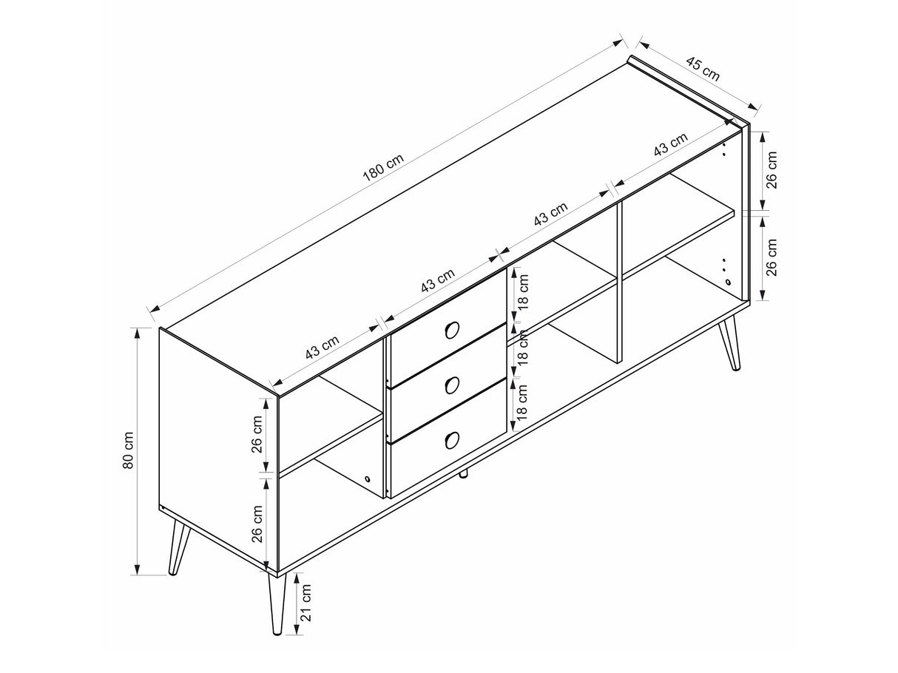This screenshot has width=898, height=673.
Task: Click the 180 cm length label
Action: pos(383,167)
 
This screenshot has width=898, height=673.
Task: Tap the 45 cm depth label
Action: pos(702,69)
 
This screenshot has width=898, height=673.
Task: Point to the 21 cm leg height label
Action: pos(305,603)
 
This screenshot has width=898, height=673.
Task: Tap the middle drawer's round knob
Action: pos(451,385)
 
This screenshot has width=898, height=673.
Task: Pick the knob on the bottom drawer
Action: pos(451,439)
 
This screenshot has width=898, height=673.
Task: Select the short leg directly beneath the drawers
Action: pos(465,473)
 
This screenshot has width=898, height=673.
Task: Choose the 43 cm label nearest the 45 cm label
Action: pos(670,144)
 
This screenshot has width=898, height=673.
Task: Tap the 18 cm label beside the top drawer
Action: pos(523,291)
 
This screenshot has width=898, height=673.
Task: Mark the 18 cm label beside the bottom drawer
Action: pos(522,402)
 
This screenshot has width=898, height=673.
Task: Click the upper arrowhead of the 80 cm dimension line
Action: pos(138,334)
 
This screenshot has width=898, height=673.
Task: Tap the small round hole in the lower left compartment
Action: pos(367,478)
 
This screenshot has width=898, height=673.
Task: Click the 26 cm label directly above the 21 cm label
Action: pos(257,524)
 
